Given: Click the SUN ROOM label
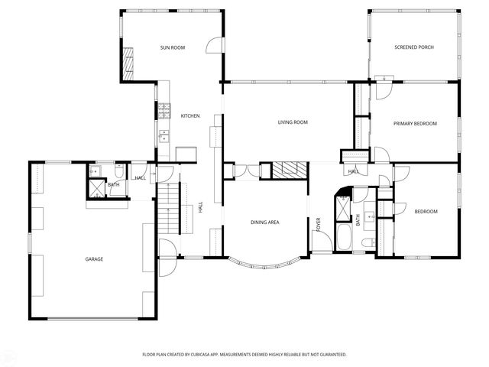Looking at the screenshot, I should pos(173,47).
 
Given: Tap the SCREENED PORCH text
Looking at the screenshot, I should pos(414,47).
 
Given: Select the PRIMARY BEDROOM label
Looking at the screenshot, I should pos(415,123).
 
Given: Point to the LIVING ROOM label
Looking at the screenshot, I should pos(292,122).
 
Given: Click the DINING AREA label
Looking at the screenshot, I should pos(264,222).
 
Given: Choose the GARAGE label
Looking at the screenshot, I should pos(94,259).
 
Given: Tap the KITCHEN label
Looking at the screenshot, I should pos(189,115).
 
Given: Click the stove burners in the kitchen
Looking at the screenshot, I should pos(163,110).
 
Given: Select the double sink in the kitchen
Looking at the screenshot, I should pos(164,136).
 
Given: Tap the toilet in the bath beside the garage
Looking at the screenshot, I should pos(119,172).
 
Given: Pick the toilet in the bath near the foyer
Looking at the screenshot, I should pos(368,242).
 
